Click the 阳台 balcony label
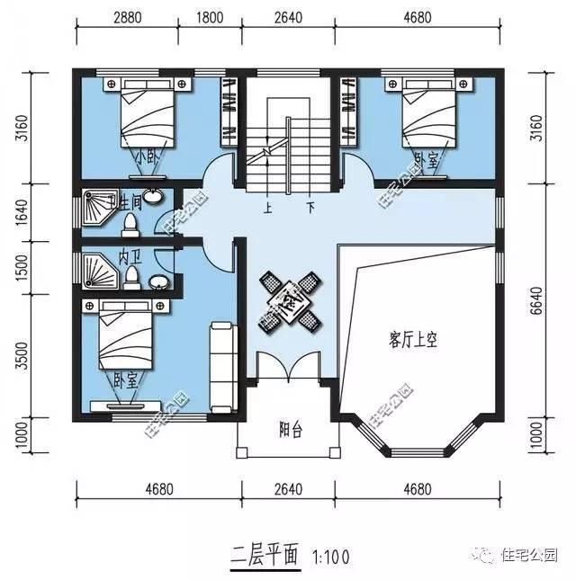tap(291, 430)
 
